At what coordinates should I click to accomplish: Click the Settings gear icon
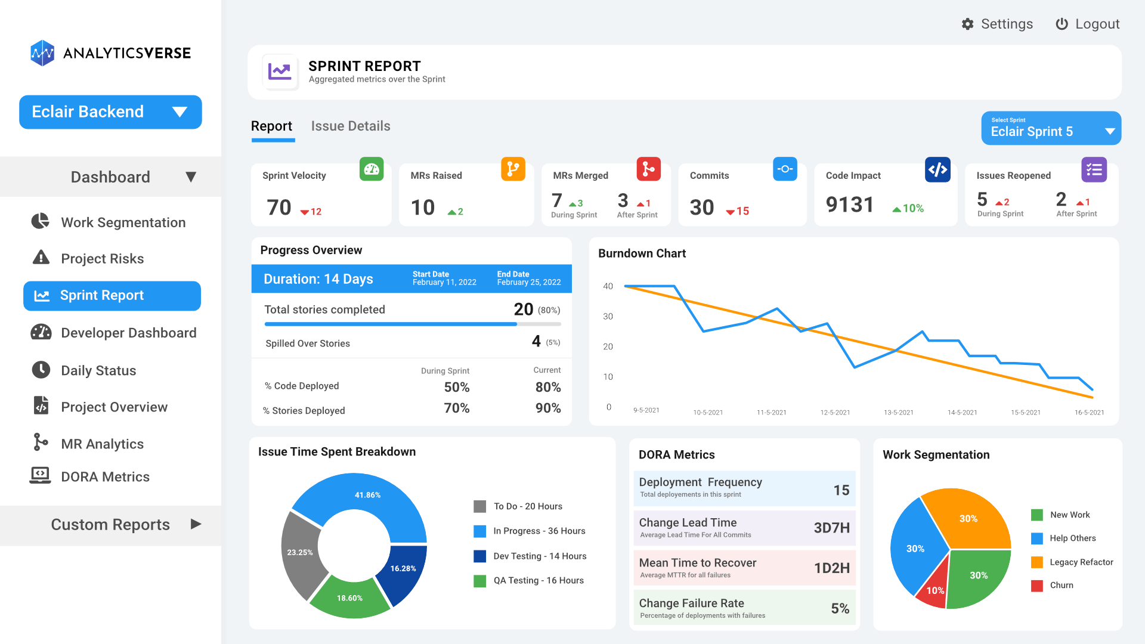967,24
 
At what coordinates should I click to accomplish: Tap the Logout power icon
1062,24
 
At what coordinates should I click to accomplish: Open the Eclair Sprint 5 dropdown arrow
1110,131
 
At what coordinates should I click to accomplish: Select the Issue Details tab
351,126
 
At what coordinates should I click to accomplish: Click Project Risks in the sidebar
102,259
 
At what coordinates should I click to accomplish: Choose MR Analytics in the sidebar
102,444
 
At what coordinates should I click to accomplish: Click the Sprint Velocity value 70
279,208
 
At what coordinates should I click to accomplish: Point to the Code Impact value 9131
850,205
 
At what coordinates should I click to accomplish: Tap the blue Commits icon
785,169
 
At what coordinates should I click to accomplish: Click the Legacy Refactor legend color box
1037,562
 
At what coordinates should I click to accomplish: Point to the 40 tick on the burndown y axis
608,286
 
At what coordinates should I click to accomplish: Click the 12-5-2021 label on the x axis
835,413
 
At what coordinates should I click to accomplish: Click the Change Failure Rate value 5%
840,609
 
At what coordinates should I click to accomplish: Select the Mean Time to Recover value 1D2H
831,568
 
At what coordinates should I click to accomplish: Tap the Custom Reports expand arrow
196,524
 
